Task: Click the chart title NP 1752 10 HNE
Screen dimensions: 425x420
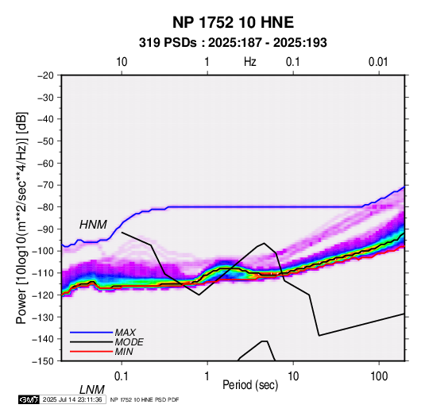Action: (233, 22)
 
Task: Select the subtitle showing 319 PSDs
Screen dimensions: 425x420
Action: (233, 43)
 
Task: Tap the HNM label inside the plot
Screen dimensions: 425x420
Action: (93, 225)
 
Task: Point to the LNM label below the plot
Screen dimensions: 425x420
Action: (92, 390)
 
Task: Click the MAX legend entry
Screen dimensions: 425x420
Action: (125, 333)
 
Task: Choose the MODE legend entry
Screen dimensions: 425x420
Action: (129, 342)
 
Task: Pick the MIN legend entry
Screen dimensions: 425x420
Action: (124, 352)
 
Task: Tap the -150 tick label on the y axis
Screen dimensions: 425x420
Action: (43, 361)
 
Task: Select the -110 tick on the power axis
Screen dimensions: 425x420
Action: (43, 273)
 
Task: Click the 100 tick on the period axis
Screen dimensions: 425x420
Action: (379, 376)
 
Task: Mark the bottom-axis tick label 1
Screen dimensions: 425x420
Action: (207, 376)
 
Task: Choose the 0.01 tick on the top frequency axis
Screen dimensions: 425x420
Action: (378, 62)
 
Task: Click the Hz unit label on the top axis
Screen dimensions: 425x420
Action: (250, 62)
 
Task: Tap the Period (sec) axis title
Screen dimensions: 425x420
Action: (250, 385)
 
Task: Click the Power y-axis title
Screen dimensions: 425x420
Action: (21, 218)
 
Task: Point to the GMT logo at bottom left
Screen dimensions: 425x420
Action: (29, 399)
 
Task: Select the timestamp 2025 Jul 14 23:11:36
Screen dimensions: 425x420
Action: (72, 399)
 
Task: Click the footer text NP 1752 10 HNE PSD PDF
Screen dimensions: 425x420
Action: (145, 399)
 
